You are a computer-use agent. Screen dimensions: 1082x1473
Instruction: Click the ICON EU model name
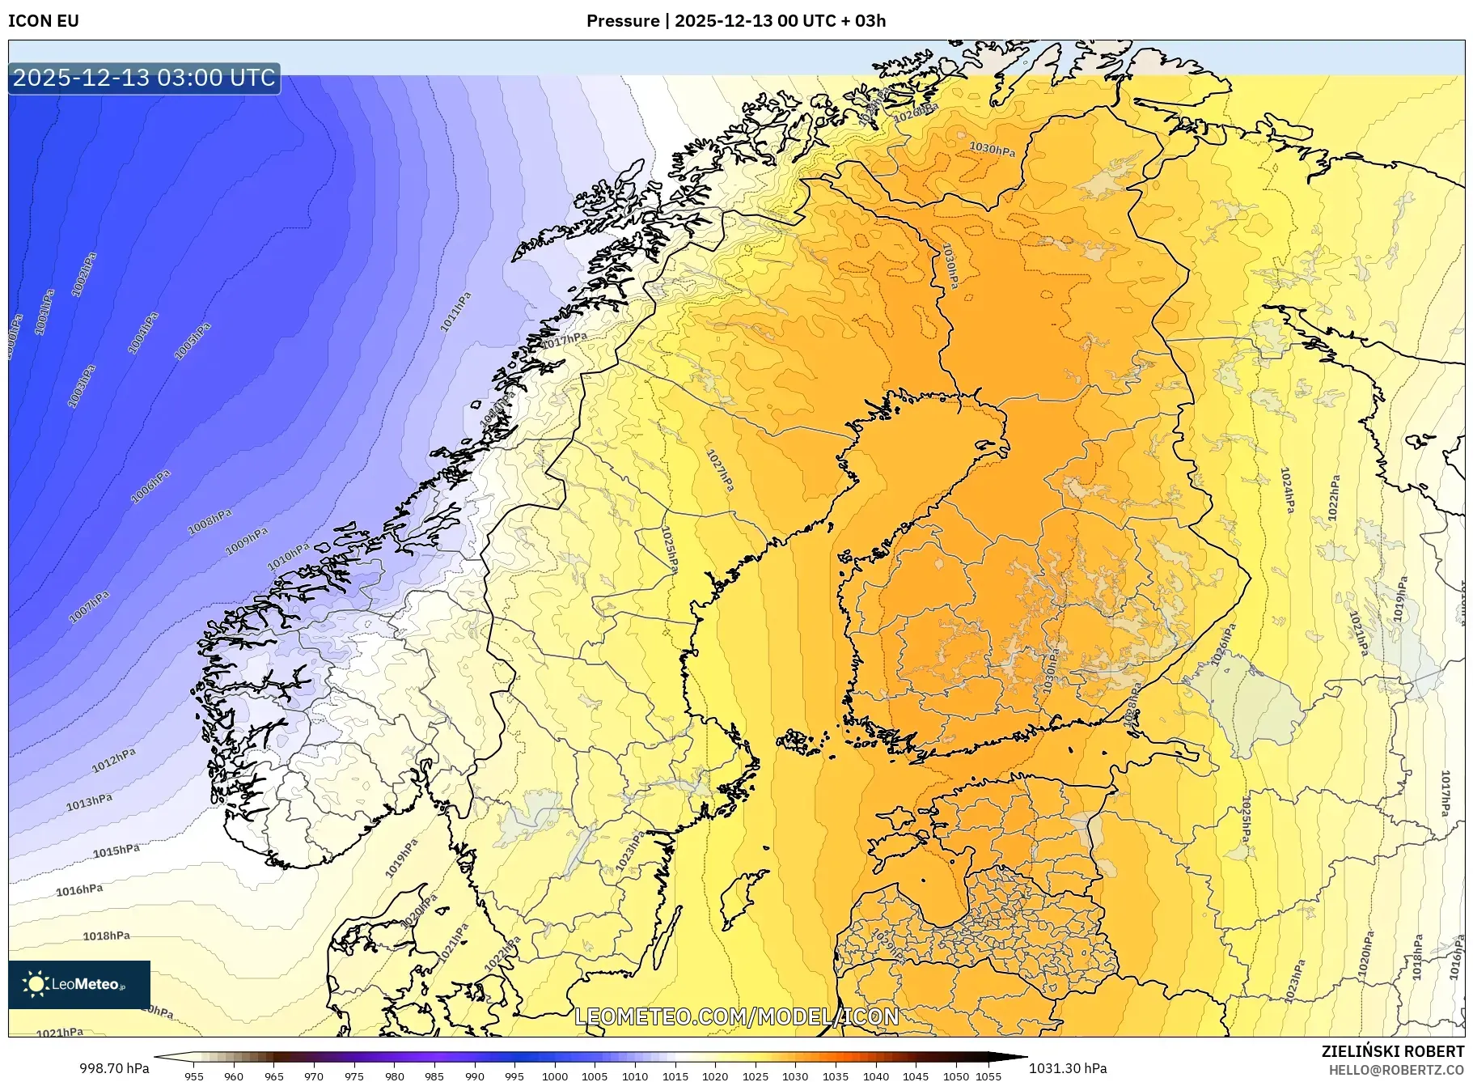[44, 21]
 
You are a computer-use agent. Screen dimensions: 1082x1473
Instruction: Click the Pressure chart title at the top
[735, 21]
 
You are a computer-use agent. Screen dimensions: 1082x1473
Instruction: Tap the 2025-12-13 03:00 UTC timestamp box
[144, 78]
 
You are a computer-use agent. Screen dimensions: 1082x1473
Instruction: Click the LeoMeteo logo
[78, 984]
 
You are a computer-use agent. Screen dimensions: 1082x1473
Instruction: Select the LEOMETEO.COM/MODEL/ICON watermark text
[736, 1016]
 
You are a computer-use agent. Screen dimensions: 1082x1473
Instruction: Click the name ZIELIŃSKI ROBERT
[1392, 1051]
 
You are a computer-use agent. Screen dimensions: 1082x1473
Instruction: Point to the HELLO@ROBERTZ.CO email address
[1396, 1070]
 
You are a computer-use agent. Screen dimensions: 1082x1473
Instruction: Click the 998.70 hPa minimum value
[114, 1068]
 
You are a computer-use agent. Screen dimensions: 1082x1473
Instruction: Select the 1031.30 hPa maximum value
[1068, 1068]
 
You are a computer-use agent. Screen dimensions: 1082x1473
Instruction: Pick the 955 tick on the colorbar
[193, 1076]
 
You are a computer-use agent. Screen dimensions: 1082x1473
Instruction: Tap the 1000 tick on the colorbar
[554, 1076]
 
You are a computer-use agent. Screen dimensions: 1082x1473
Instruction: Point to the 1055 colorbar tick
[988, 1076]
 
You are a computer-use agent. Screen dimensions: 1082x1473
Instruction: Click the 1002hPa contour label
[84, 274]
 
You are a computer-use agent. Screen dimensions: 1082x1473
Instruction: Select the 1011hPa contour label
[455, 312]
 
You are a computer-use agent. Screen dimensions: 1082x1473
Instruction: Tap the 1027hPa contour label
[720, 470]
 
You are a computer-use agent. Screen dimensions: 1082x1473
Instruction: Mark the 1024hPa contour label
[1287, 490]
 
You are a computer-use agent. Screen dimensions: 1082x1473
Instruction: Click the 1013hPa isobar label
[89, 802]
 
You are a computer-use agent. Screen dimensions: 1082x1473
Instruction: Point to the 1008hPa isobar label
[210, 521]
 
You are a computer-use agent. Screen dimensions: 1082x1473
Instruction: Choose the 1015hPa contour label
[116, 851]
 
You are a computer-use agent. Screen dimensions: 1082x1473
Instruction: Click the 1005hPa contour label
[193, 341]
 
